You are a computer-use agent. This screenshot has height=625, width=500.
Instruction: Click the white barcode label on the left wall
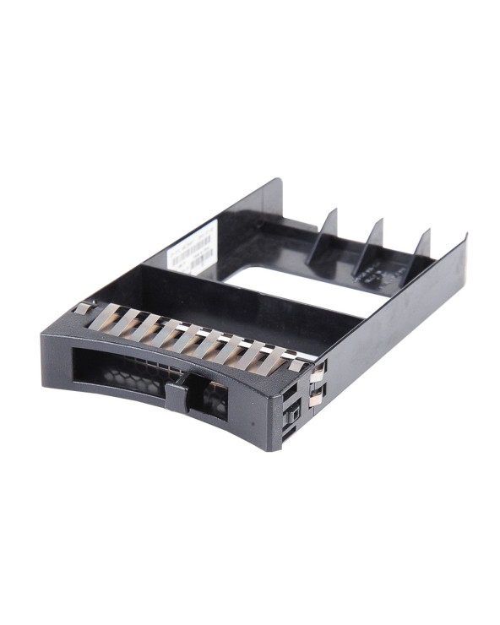pos(190,250)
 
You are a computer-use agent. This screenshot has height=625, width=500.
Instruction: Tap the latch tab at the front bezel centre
pos(178,394)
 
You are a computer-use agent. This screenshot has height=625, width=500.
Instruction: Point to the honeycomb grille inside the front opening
pos(127,376)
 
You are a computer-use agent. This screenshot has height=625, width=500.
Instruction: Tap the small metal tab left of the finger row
pos(82,308)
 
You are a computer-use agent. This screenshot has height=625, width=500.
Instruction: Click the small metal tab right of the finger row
pos(296,364)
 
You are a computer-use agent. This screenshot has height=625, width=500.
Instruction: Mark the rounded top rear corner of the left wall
pos(275,182)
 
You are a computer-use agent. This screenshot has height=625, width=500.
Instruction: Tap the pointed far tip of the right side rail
pos(464,241)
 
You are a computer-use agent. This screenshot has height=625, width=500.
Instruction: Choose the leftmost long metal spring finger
pos(105,316)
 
